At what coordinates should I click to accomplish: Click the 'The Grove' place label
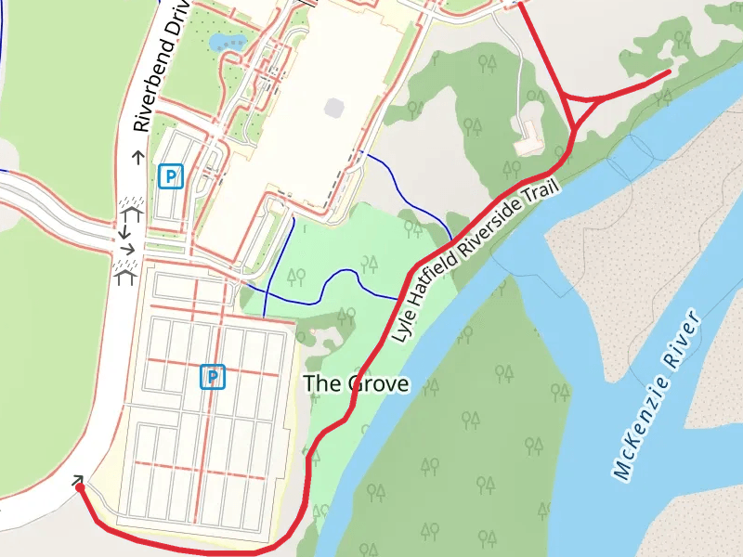pos(357,383)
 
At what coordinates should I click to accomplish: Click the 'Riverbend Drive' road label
pos(159,67)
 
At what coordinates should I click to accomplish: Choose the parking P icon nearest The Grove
pos(213,377)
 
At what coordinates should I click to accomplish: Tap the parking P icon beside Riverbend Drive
pos(170,175)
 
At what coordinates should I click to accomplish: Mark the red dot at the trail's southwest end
pos(80,487)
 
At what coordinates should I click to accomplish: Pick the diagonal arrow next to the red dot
pos(78,479)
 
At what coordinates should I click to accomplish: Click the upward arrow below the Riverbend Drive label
pos(138,157)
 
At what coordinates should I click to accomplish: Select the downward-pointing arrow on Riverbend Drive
pos(125,230)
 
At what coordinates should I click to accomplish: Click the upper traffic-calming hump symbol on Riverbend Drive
pos(129,209)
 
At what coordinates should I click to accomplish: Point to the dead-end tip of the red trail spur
pos(669,71)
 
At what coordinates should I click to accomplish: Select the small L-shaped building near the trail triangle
pos(530,136)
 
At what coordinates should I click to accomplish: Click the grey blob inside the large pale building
pos(334,107)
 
